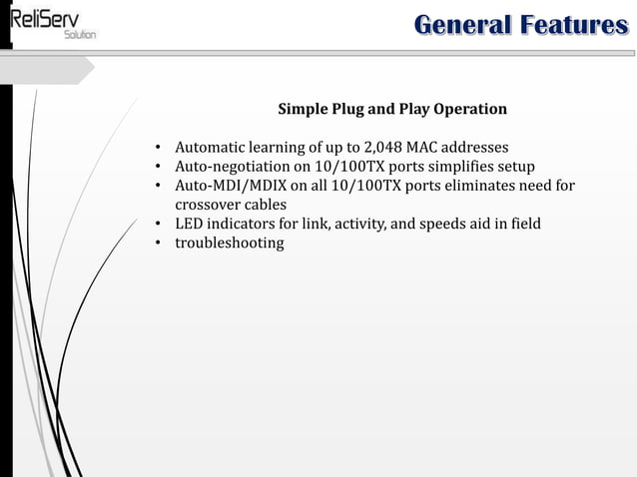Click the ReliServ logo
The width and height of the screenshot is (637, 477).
49,22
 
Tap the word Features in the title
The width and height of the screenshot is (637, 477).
572,24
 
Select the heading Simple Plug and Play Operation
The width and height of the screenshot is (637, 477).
391,109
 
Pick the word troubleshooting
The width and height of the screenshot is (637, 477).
230,242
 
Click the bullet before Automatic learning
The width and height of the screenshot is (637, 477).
158,148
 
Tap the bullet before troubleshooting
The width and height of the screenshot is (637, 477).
158,242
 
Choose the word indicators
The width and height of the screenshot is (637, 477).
243,224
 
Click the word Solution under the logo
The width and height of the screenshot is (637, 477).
80,35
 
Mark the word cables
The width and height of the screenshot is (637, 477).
266,205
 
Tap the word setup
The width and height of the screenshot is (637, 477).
515,167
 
